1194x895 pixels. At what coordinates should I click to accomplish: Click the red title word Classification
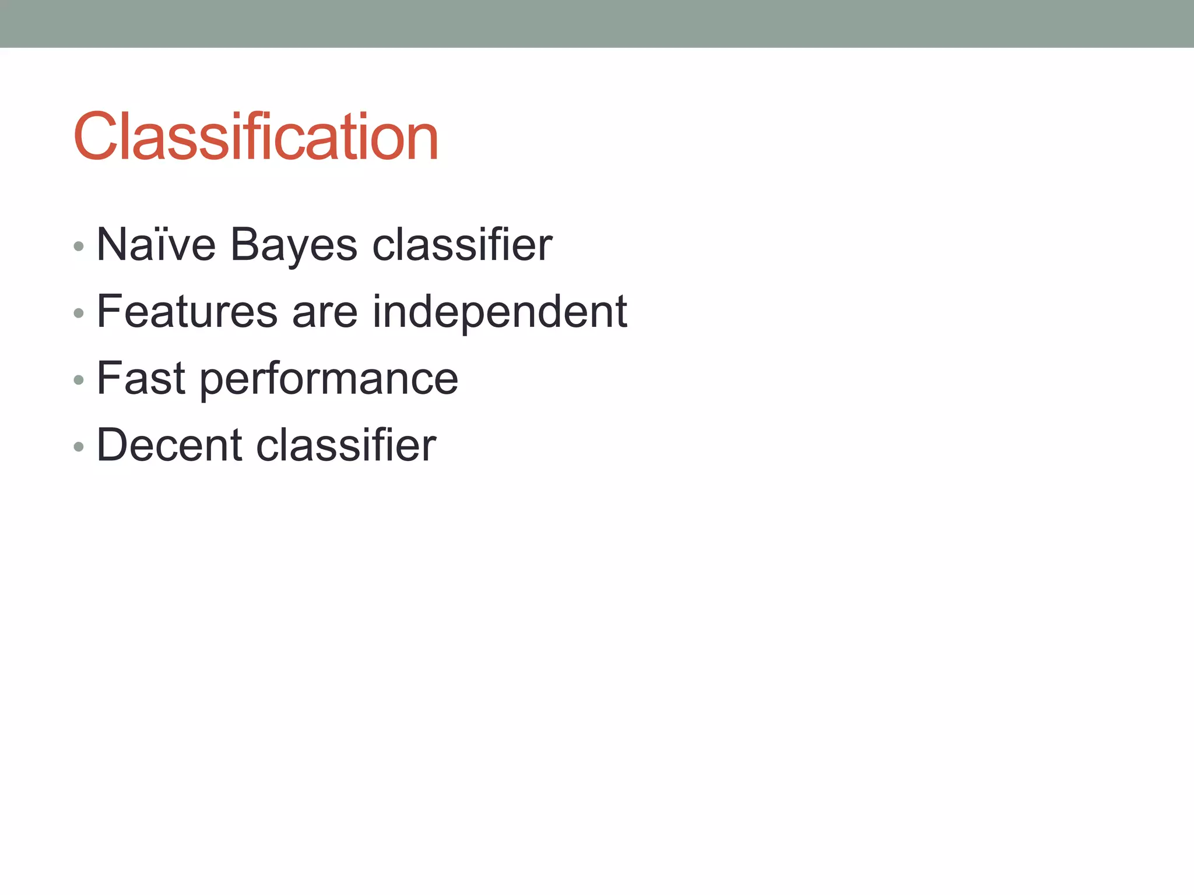click(255, 137)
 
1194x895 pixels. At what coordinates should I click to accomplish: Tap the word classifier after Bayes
click(462, 245)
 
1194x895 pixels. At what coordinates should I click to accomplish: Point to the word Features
click(187, 312)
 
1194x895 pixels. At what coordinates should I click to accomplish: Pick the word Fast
click(141, 379)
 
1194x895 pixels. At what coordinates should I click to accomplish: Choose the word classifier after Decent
click(346, 446)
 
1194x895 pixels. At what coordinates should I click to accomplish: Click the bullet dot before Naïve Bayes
click(79, 246)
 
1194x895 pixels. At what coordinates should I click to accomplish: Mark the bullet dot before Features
click(79, 313)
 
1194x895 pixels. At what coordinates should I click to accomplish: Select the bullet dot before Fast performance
click(79, 380)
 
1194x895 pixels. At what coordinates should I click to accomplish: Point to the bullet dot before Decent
click(79, 447)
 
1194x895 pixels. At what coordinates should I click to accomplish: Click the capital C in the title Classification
click(94, 137)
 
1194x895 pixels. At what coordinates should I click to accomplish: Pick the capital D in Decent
click(113, 446)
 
